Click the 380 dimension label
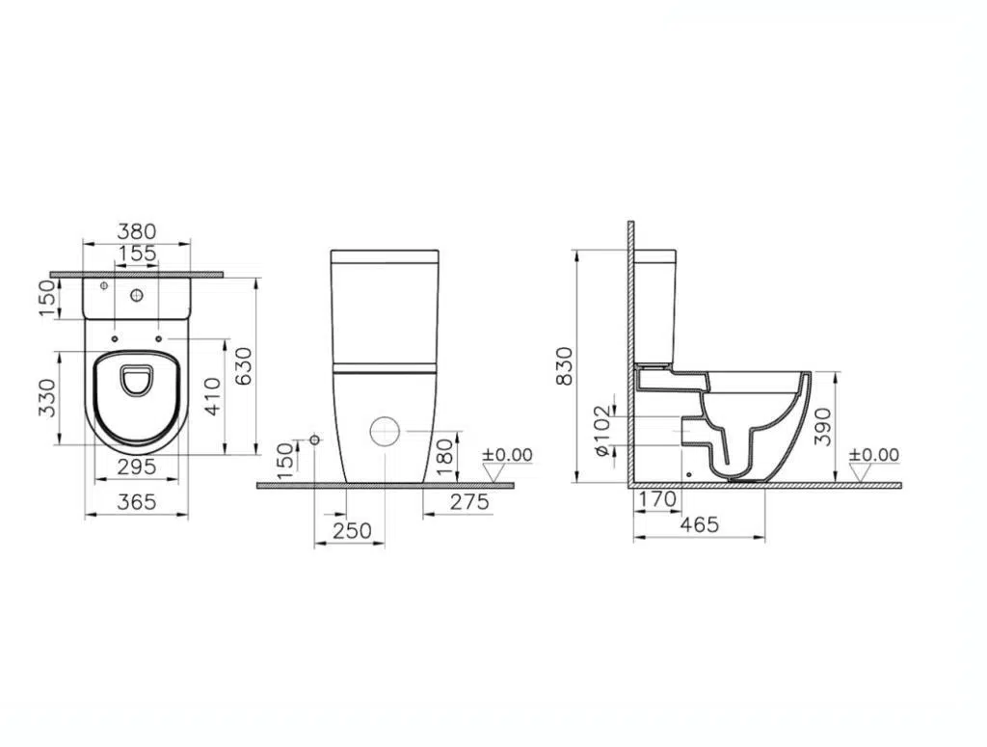[137, 231]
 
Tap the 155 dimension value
[137, 253]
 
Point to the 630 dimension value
[243, 366]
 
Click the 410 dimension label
[213, 396]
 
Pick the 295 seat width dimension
[137, 467]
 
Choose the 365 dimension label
[137, 502]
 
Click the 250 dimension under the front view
[353, 531]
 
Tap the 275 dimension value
[469, 501]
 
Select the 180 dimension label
[444, 457]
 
